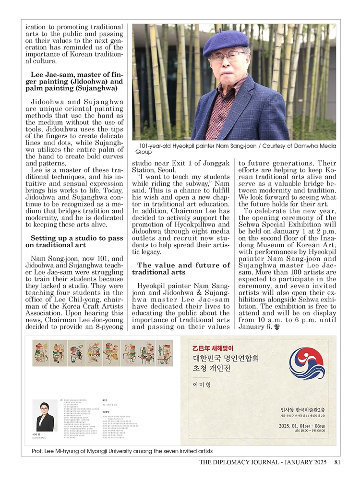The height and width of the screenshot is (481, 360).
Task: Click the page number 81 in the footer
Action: click(x=337, y=463)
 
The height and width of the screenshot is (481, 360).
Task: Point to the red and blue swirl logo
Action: click(x=306, y=363)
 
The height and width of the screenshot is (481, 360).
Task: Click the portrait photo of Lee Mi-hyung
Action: click(x=45, y=416)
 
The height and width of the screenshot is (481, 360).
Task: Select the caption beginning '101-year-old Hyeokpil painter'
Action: click(x=234, y=148)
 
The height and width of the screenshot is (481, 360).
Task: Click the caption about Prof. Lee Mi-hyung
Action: click(x=122, y=451)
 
